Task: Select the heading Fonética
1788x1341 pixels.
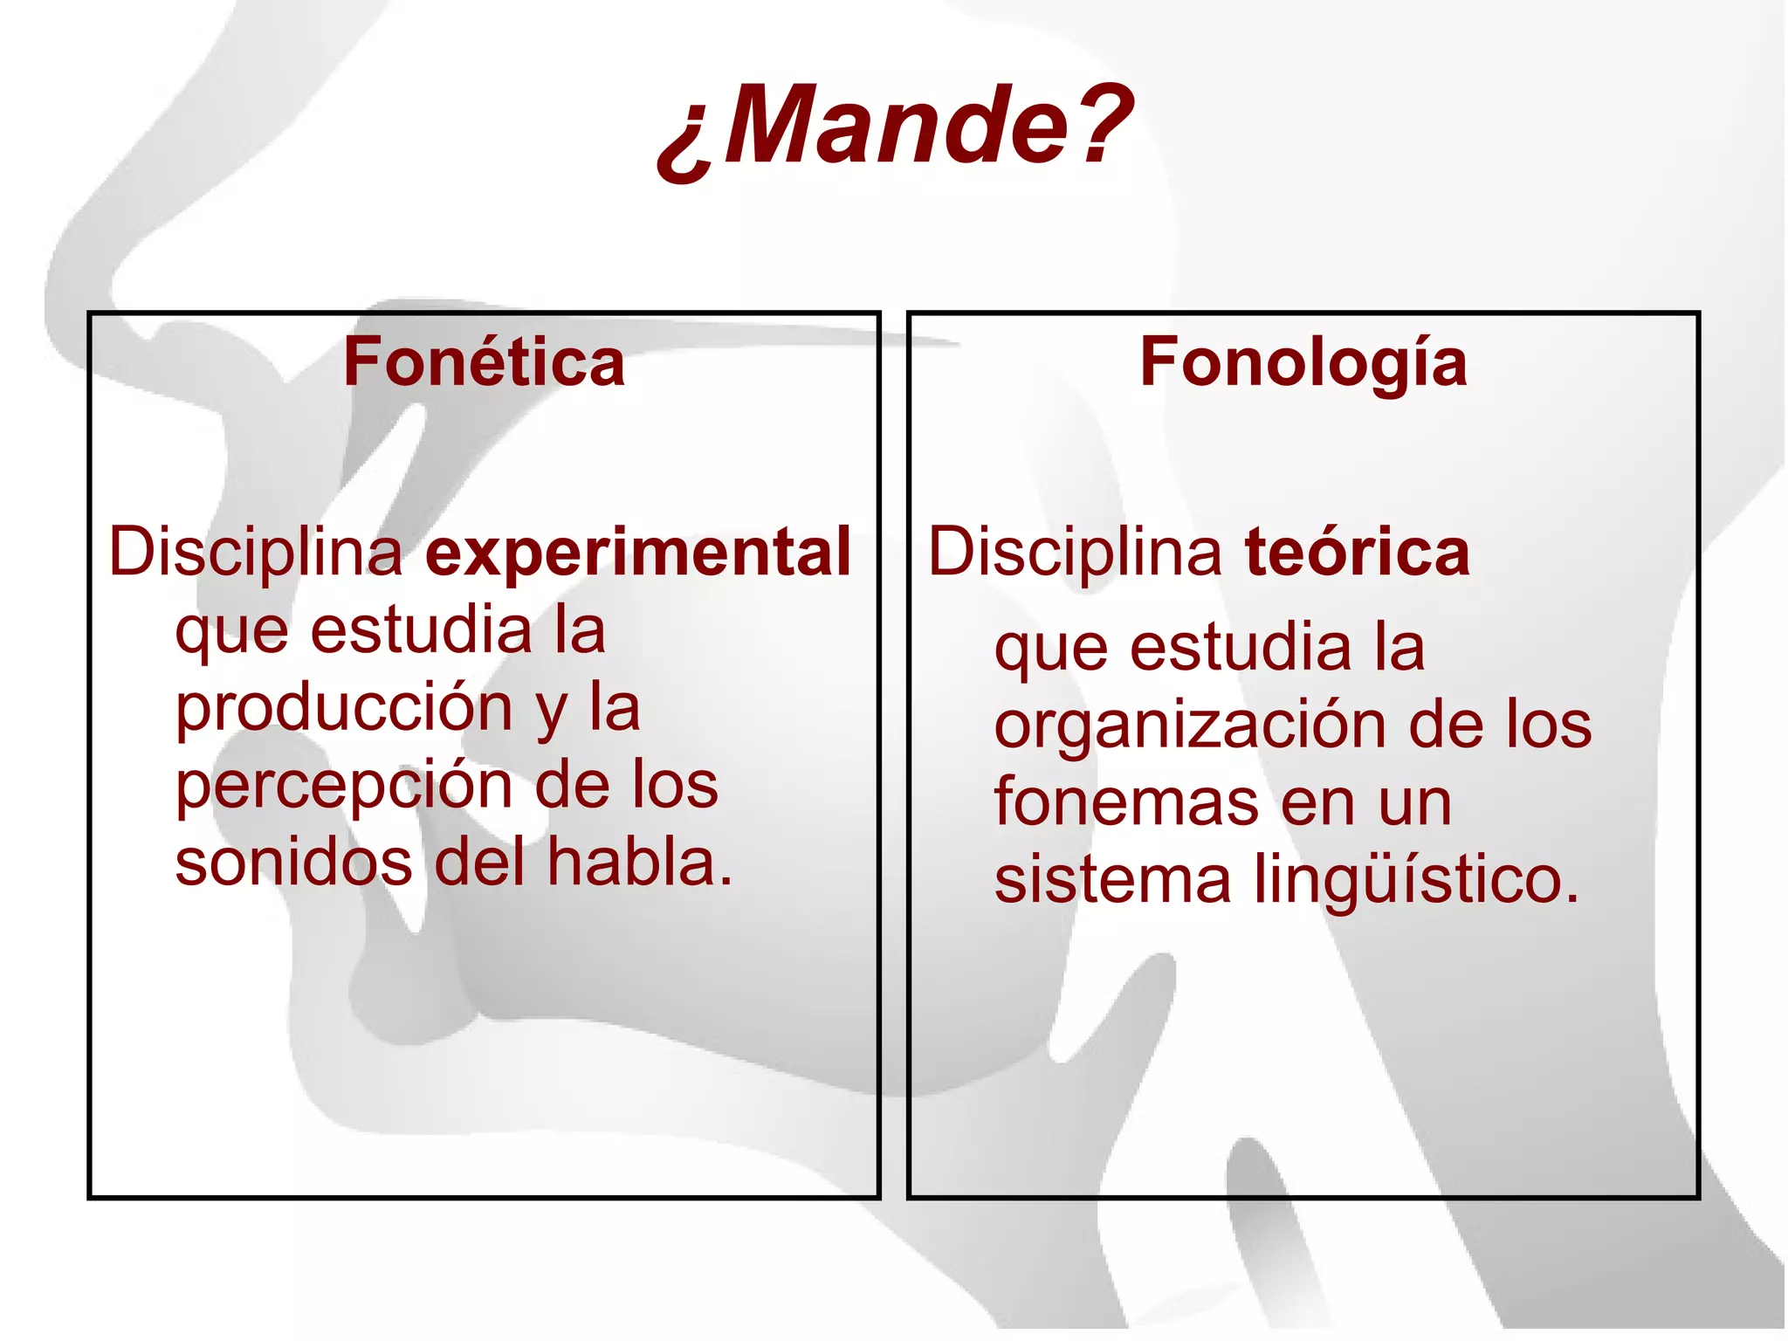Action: coord(485,362)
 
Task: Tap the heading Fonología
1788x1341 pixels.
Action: coord(1303,362)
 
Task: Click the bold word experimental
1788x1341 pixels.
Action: coord(638,554)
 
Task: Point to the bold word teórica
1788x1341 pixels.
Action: coord(1358,552)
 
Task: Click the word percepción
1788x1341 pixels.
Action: coord(344,786)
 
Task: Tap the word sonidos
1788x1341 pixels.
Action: coord(293,863)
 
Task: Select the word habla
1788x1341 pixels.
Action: coord(639,863)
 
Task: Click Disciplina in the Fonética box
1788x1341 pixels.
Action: coord(256,554)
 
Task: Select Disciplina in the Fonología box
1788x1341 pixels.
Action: coord(1075,554)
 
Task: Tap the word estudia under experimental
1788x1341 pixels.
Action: coord(421,630)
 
